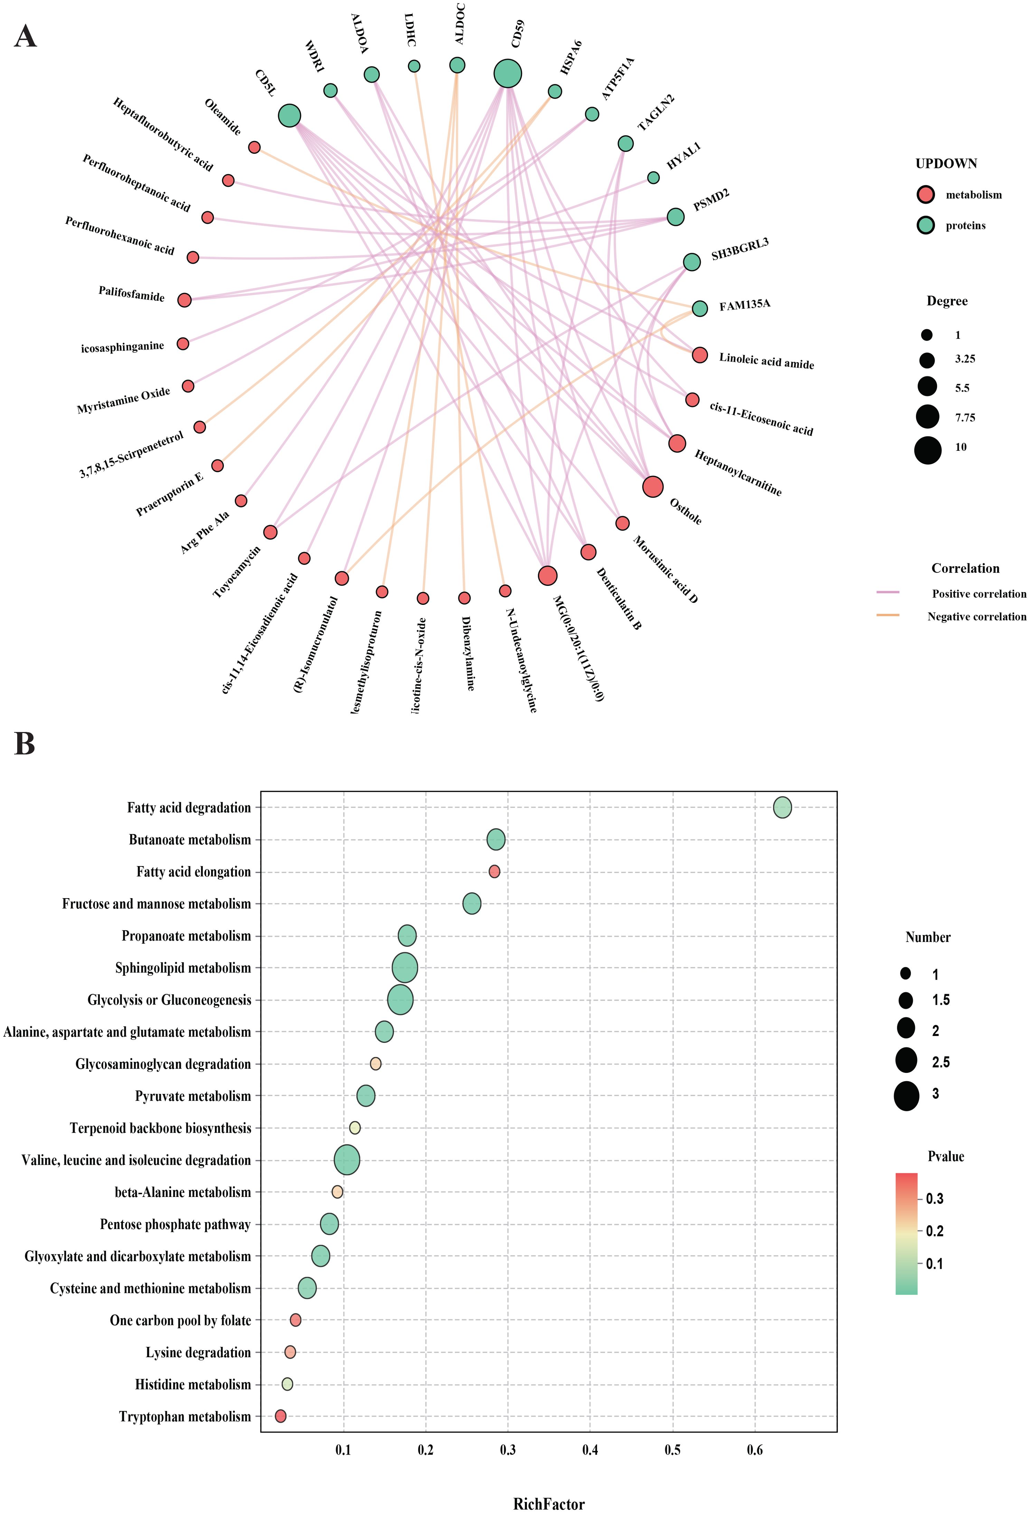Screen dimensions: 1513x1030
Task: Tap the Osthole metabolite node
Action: [x=652, y=486]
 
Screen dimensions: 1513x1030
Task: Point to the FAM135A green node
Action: [x=699, y=308]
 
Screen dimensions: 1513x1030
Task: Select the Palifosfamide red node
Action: [x=184, y=299]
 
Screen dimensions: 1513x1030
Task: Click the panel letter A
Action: [x=25, y=37]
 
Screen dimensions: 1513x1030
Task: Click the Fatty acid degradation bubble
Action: [x=782, y=807]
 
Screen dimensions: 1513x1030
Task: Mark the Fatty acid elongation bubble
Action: [x=494, y=871]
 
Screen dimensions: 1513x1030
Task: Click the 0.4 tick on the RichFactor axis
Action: [x=590, y=1450]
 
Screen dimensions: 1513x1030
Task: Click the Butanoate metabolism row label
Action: [x=189, y=840]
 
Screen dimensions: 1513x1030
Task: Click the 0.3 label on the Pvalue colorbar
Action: [x=934, y=1199]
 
